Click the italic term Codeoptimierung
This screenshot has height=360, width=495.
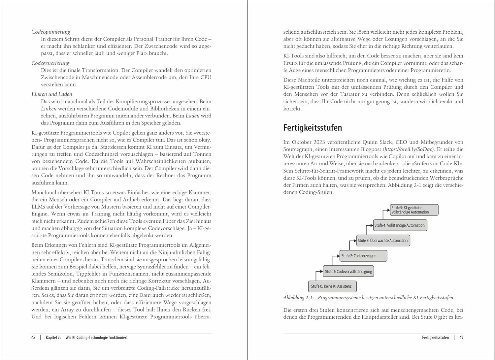click(x=51, y=32)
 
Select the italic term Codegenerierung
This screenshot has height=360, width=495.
click(x=50, y=63)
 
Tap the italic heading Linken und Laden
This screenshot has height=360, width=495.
click(x=52, y=94)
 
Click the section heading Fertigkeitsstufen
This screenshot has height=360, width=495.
click(x=313, y=128)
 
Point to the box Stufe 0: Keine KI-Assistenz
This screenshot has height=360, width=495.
click(x=333, y=286)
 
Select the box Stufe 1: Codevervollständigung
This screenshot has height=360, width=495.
click(x=348, y=271)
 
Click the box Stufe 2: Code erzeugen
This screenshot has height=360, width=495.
click(x=363, y=256)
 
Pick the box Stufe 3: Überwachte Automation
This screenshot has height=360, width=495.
click(x=383, y=241)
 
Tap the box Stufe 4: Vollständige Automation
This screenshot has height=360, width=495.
click(x=400, y=225)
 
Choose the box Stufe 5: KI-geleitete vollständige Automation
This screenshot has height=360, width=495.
click(x=414, y=210)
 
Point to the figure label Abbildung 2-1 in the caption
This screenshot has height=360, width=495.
click(x=298, y=298)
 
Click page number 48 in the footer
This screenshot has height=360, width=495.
click(x=33, y=338)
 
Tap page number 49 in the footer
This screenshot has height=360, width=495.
click(x=461, y=338)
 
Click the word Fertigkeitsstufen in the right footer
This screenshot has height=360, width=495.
click(x=435, y=338)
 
